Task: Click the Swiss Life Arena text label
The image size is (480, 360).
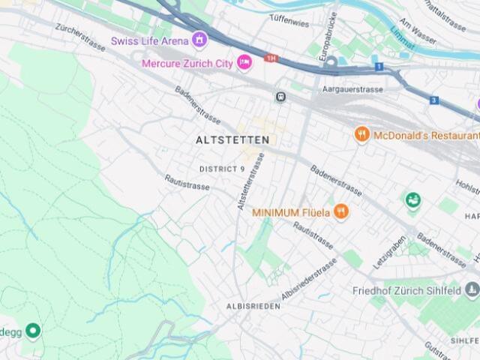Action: pyautogui.click(x=149, y=40)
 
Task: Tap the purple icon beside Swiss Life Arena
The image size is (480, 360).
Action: pyautogui.click(x=199, y=40)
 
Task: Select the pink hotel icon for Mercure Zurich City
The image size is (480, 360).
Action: pyautogui.click(x=244, y=63)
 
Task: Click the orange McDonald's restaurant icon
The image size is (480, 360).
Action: pyautogui.click(x=362, y=135)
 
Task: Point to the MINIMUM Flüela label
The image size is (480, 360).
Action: pyautogui.click(x=291, y=212)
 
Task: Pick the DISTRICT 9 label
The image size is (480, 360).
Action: pyautogui.click(x=222, y=169)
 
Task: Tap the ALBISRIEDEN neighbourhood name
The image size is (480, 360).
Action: pyautogui.click(x=253, y=307)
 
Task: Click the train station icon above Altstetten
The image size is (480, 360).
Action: pyautogui.click(x=280, y=97)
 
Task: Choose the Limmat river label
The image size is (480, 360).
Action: pyautogui.click(x=401, y=42)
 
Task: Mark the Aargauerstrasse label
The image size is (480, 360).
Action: pyautogui.click(x=352, y=89)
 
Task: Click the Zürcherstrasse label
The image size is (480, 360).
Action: pyautogui.click(x=80, y=37)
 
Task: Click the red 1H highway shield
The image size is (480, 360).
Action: pyautogui.click(x=271, y=58)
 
